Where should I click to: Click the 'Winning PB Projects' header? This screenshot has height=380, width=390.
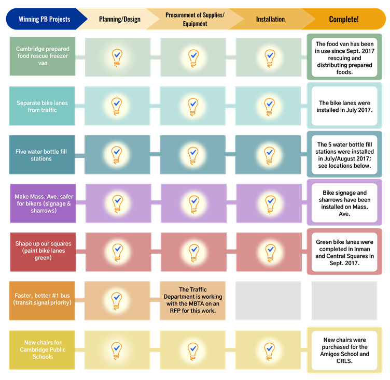click(44, 19)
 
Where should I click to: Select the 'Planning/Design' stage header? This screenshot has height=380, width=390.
click(120, 19)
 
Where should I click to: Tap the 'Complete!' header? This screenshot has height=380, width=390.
click(343, 19)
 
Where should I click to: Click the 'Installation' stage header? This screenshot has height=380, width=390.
click(270, 19)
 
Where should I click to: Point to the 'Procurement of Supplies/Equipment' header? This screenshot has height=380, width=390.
click(194, 19)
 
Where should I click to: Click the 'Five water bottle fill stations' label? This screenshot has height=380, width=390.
click(41, 155)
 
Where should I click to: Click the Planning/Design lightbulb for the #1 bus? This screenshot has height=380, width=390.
click(117, 300)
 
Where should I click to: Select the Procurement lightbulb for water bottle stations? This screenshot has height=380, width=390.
click(193, 154)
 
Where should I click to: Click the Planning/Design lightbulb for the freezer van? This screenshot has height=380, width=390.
click(117, 56)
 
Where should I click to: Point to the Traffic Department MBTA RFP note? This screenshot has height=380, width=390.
click(193, 301)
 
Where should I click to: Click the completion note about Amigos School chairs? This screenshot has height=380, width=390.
click(344, 350)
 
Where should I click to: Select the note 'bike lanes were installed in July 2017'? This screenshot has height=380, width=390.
click(344, 107)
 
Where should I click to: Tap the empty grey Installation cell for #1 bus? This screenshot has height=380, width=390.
click(268, 301)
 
